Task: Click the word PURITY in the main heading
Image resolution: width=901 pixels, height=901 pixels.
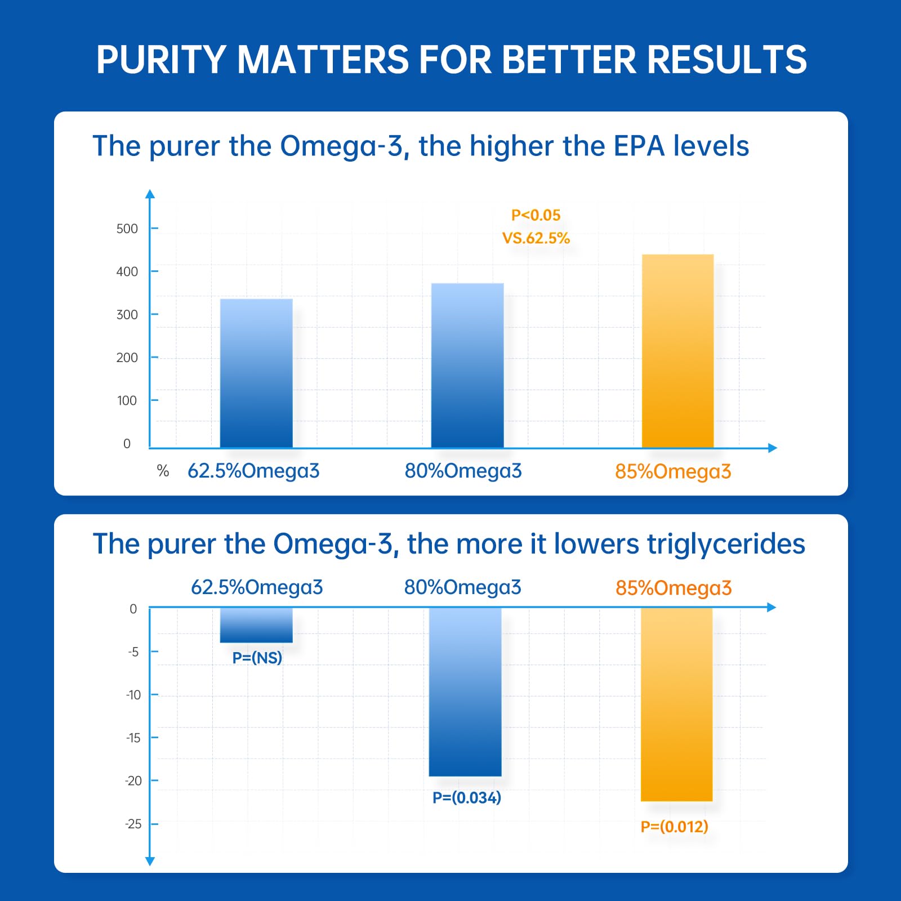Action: click(x=160, y=59)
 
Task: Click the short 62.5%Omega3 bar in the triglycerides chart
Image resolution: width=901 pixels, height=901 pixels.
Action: click(x=256, y=625)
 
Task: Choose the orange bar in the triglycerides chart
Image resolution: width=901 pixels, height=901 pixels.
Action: click(x=677, y=704)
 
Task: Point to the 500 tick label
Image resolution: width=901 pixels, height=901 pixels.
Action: click(x=127, y=229)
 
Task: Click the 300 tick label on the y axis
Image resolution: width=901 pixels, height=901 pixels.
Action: click(x=127, y=315)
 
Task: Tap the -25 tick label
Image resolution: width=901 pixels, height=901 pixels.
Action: click(x=133, y=824)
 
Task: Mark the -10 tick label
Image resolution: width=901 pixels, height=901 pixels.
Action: click(x=133, y=695)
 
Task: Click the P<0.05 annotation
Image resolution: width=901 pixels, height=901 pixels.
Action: click(x=536, y=215)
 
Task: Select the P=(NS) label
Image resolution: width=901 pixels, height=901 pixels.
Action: click(x=257, y=658)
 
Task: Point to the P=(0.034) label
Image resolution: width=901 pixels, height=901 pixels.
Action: click(x=467, y=797)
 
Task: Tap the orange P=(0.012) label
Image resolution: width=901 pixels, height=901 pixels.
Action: click(x=675, y=827)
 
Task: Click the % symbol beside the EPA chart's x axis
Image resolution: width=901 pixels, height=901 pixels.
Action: click(x=163, y=471)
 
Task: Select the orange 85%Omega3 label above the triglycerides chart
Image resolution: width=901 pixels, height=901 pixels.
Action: click(x=673, y=588)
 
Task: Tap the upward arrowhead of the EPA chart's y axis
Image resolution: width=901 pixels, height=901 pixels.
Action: click(x=150, y=194)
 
